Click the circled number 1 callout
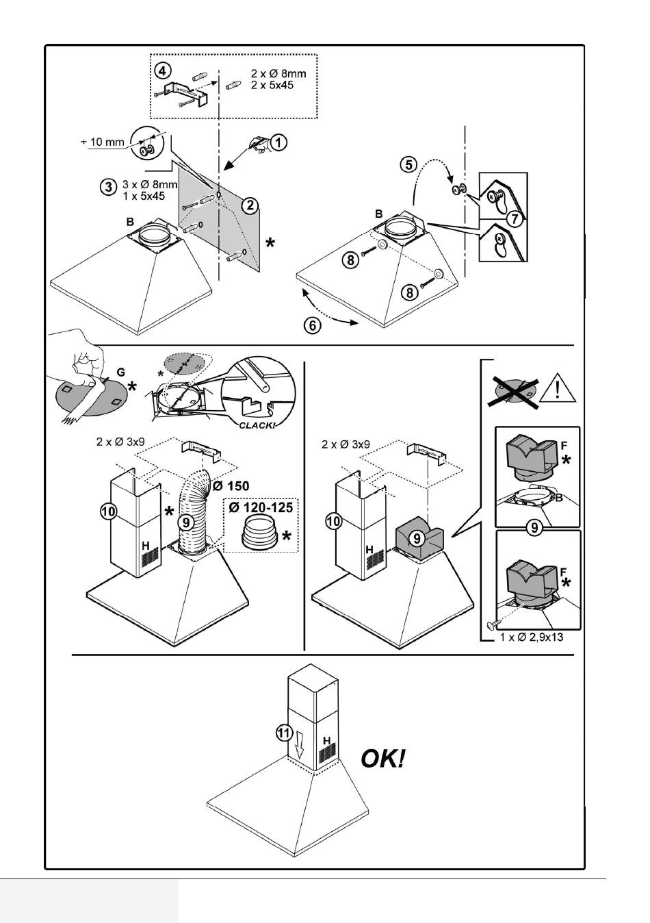[278, 142]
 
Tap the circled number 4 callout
[161, 71]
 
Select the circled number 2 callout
[250, 205]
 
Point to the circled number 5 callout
[408, 165]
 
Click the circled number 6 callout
[312, 326]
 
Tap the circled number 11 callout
[284, 733]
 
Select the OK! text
[383, 758]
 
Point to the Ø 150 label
[231, 485]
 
